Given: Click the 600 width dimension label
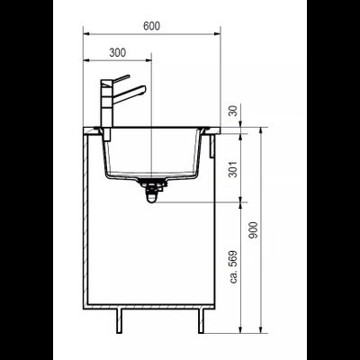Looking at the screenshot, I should (x=152, y=25).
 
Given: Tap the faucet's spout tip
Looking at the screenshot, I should (x=142, y=92).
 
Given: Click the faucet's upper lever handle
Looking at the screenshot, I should (x=118, y=79).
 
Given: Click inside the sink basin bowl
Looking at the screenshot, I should (x=153, y=153).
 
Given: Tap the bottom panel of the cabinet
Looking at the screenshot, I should (x=153, y=302).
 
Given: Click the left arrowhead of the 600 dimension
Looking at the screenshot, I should (x=86, y=34).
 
